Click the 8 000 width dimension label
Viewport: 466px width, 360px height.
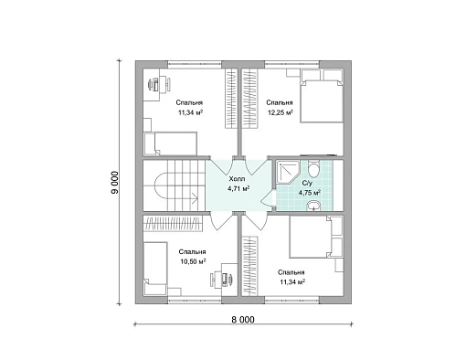coord(243,320)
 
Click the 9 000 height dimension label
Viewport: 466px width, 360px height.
coord(115,183)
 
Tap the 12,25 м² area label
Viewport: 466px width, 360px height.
coord(281,112)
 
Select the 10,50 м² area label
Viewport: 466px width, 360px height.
coord(193,261)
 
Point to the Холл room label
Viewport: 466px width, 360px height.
coord(237,179)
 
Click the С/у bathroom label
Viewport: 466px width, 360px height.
coord(307,183)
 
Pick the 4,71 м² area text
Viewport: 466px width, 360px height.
coord(238,188)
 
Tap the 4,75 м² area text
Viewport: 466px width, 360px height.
coord(309,193)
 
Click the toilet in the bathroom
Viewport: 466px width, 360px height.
coord(313,168)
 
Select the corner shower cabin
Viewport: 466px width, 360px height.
coord(286,172)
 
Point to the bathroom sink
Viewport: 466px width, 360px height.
coord(313,206)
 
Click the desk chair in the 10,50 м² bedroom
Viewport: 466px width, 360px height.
coord(213,280)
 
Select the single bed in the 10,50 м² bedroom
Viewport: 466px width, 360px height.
coord(155,269)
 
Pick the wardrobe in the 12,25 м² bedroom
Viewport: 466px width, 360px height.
coord(249,99)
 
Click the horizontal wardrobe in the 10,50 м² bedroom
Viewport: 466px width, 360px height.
coord(173,224)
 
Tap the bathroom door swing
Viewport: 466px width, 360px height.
coord(268,199)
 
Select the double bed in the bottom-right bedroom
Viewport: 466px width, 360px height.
coord(316,237)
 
